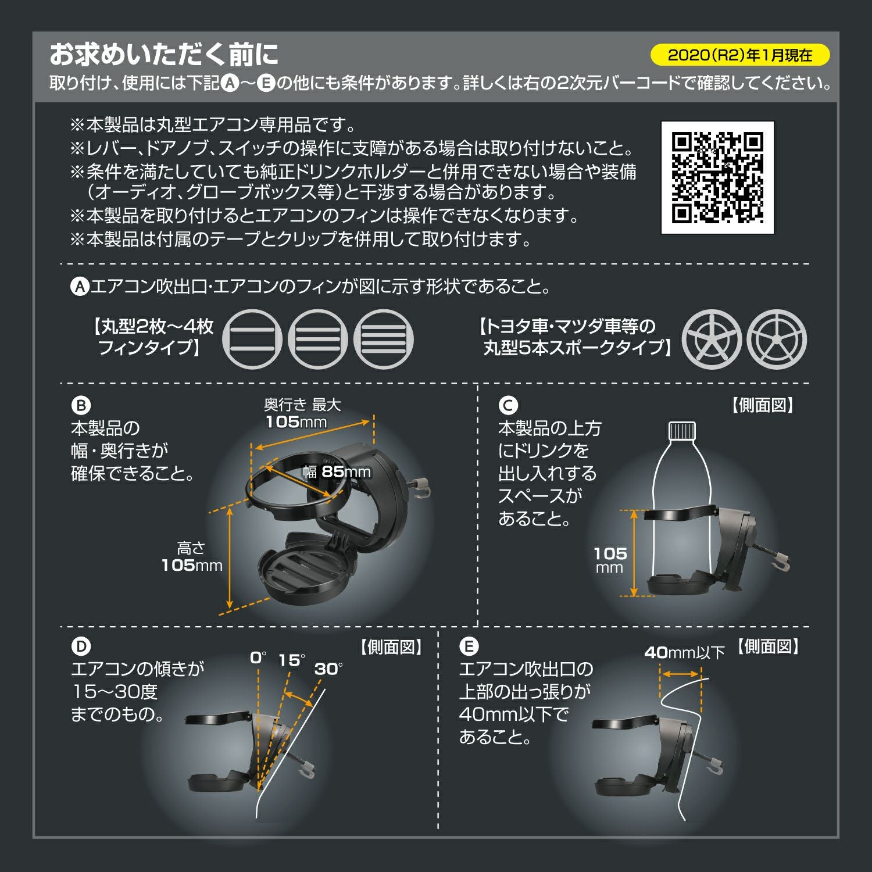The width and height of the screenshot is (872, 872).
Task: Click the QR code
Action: click(717, 178)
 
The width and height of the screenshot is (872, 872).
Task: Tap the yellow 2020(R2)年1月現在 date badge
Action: click(739, 55)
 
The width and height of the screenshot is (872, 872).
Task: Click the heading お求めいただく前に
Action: click(164, 55)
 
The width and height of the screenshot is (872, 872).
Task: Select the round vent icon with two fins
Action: click(252, 339)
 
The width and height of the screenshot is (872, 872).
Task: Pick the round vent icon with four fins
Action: click(384, 339)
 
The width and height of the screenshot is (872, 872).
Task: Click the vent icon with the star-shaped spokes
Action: click(711, 339)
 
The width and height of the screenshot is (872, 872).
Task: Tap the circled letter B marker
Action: click(81, 406)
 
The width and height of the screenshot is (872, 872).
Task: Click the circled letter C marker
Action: click(508, 406)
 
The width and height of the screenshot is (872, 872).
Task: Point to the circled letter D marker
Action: click(81, 646)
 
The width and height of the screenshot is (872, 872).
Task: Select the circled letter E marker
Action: click(469, 646)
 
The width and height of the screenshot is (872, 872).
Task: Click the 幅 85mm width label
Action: click(337, 471)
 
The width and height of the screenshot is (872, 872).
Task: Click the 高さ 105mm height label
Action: click(192, 557)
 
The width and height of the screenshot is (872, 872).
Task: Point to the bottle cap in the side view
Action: click(682, 430)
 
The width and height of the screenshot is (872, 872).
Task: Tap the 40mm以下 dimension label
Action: click(684, 653)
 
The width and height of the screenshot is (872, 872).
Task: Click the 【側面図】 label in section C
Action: click(762, 406)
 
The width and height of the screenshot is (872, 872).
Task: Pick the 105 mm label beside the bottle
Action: click(610, 560)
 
